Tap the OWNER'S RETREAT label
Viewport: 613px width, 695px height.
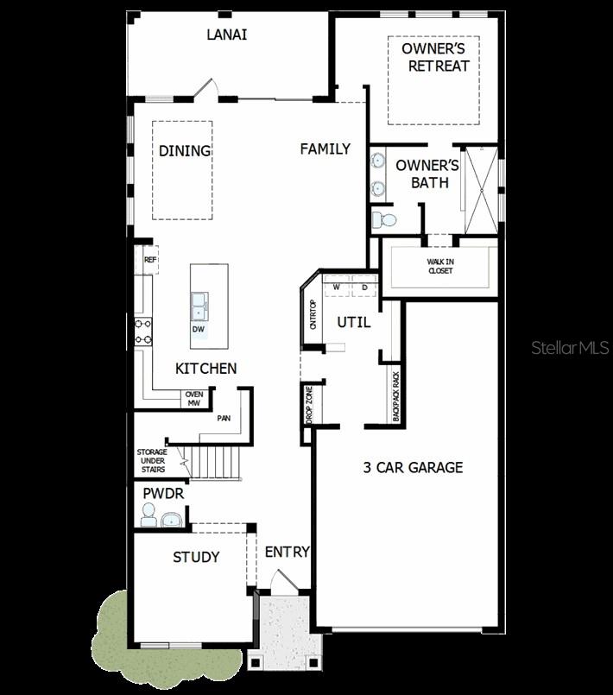point(435,57)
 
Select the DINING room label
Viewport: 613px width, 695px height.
point(185,151)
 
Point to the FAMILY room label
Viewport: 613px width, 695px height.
point(325,149)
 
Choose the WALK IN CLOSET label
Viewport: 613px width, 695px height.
point(439,266)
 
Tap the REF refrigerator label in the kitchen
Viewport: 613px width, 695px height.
point(149,259)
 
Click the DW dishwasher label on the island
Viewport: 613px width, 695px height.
point(198,329)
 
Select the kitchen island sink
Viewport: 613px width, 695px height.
point(199,302)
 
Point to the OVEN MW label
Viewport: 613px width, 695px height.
point(193,398)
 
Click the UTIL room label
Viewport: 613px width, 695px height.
point(353,323)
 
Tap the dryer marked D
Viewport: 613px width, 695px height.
point(364,287)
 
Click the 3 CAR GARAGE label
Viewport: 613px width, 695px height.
point(413,468)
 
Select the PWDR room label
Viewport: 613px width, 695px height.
point(163,494)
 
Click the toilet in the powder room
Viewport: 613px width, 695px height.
point(148,515)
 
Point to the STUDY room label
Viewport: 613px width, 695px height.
point(196,558)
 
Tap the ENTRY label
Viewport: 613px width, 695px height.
point(287,553)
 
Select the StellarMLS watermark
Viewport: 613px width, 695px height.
point(570,348)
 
